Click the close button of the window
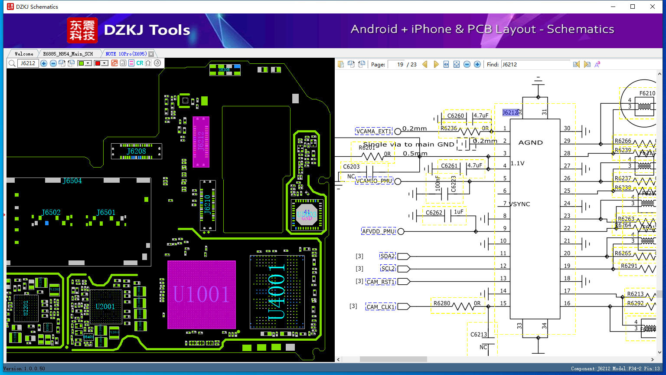click(x=653, y=7)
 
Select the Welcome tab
click(x=24, y=54)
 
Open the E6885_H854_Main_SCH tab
click(x=68, y=54)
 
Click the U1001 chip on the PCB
click(x=201, y=295)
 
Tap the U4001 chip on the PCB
click(x=277, y=292)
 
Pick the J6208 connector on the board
click(x=136, y=151)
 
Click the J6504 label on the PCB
click(x=72, y=181)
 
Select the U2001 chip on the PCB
click(x=105, y=306)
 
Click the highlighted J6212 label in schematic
click(x=510, y=113)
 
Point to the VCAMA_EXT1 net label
click(x=373, y=132)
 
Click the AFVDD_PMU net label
click(x=379, y=231)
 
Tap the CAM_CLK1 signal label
click(x=381, y=307)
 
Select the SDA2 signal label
click(x=388, y=256)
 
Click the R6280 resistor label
click(x=442, y=303)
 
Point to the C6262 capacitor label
click(x=434, y=212)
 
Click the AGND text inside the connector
click(x=530, y=142)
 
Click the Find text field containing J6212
click(x=535, y=64)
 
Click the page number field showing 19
click(x=396, y=64)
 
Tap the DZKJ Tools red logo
click(x=82, y=30)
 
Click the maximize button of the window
click(x=633, y=7)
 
